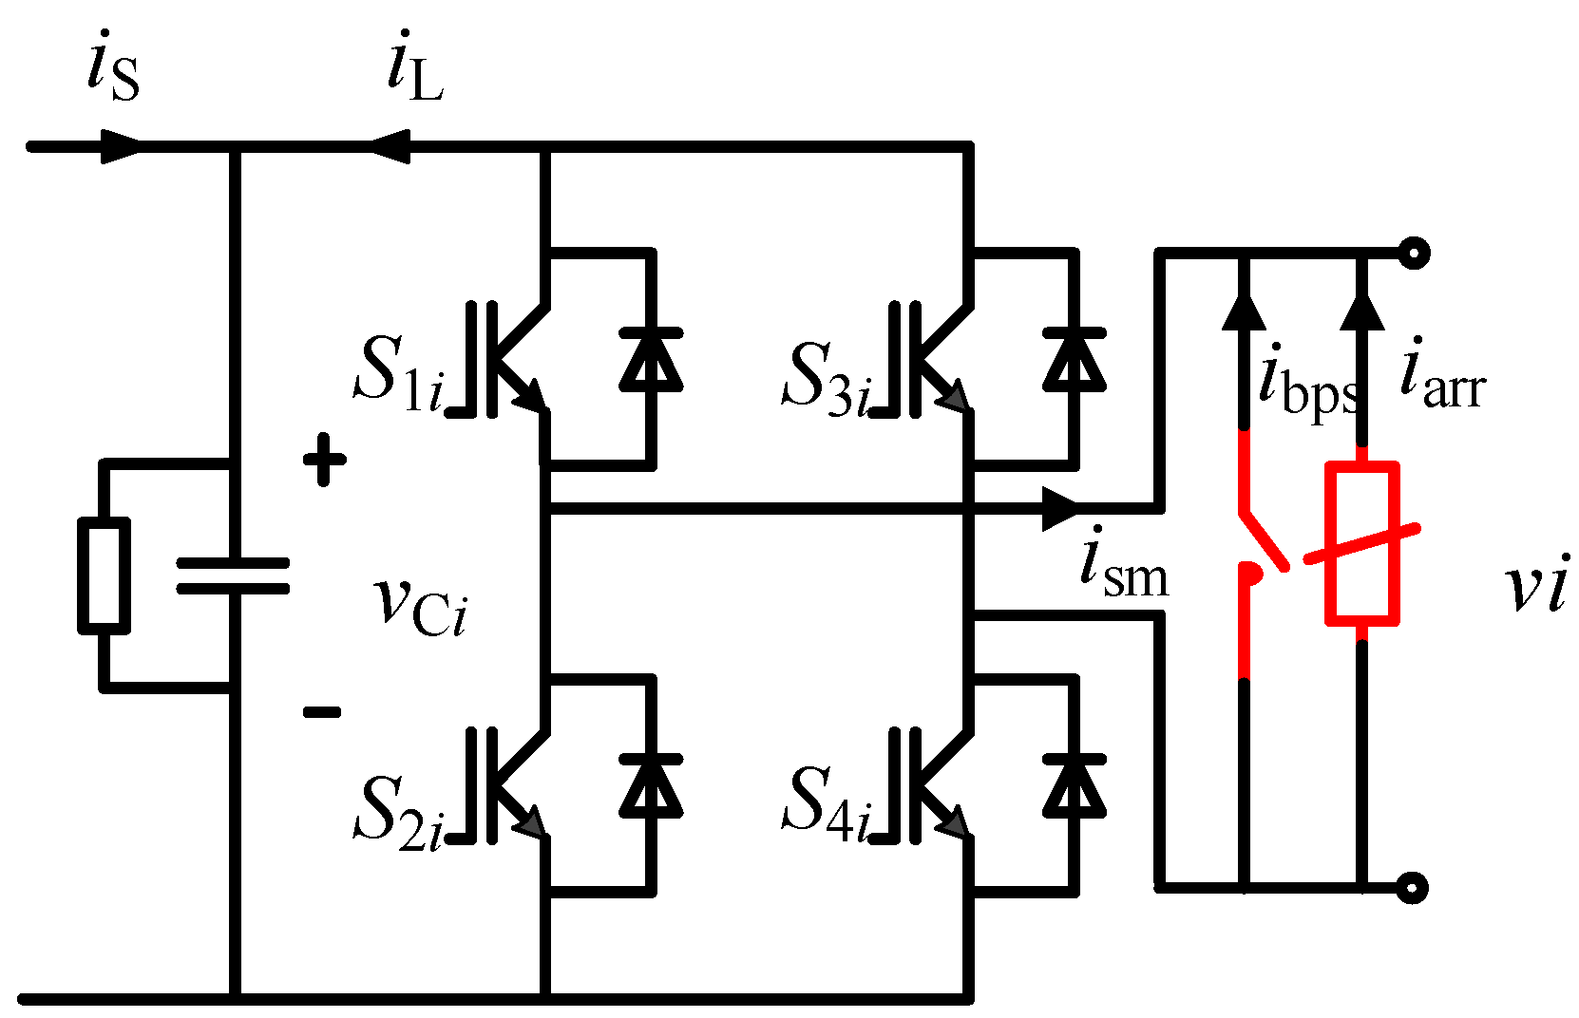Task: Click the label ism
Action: (x=1123, y=566)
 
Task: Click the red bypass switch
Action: (x=1259, y=551)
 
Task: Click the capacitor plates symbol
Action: (x=233, y=575)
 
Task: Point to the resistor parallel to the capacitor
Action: (x=104, y=575)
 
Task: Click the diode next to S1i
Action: (x=651, y=360)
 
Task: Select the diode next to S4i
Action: (x=1074, y=786)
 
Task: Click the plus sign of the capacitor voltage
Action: (x=324, y=460)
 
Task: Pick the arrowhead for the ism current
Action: (x=1060, y=509)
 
